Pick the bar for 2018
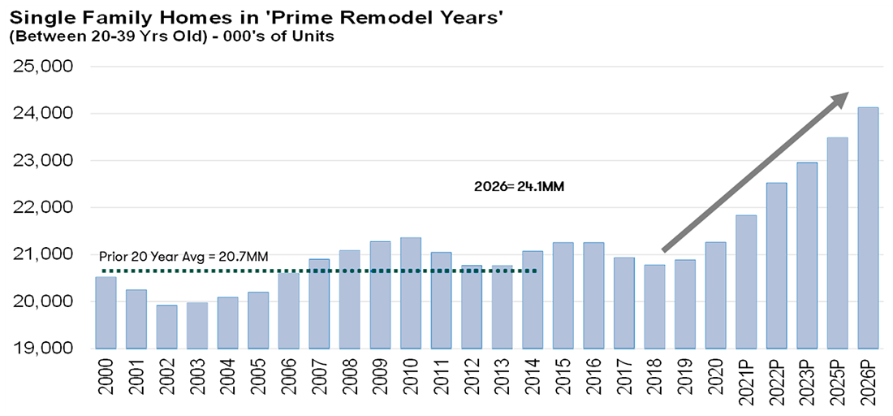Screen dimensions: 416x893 [x=654, y=306]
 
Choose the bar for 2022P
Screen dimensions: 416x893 [x=776, y=266]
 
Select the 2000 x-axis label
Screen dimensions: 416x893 [x=106, y=381]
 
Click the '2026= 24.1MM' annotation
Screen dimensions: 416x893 [x=519, y=186]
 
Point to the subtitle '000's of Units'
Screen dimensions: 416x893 [x=279, y=37]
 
